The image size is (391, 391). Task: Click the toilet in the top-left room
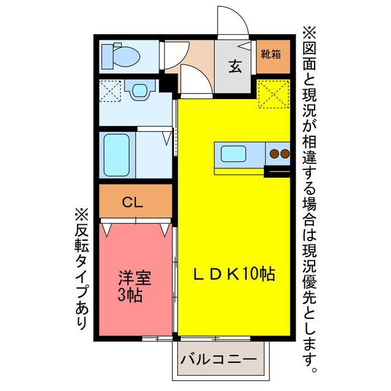[121, 56]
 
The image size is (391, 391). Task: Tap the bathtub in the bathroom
[117, 155]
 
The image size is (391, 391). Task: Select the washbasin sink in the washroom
[140, 90]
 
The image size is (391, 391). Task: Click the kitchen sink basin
[233, 153]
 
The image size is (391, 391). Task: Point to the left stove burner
[274, 153]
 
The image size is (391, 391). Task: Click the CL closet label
[133, 202]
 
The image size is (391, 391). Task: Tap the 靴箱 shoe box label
[271, 54]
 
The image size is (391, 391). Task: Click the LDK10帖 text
[234, 274]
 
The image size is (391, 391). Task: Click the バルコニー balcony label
[218, 360]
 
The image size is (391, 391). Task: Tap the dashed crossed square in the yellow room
[274, 94]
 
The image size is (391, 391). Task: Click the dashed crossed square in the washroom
[110, 90]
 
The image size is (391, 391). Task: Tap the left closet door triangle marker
[106, 230]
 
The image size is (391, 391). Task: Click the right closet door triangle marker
[164, 230]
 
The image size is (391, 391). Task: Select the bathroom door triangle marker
[167, 139]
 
